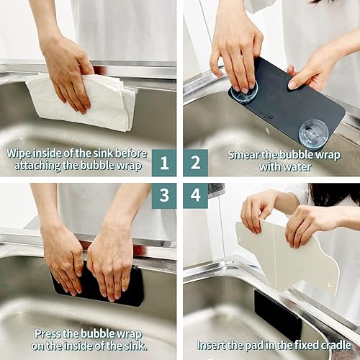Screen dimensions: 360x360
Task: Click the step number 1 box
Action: tap(164, 162)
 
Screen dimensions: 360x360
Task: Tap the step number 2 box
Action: tap(195, 162)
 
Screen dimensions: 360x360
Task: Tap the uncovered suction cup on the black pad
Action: tap(314, 132)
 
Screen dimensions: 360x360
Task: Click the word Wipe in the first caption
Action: tap(20, 153)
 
